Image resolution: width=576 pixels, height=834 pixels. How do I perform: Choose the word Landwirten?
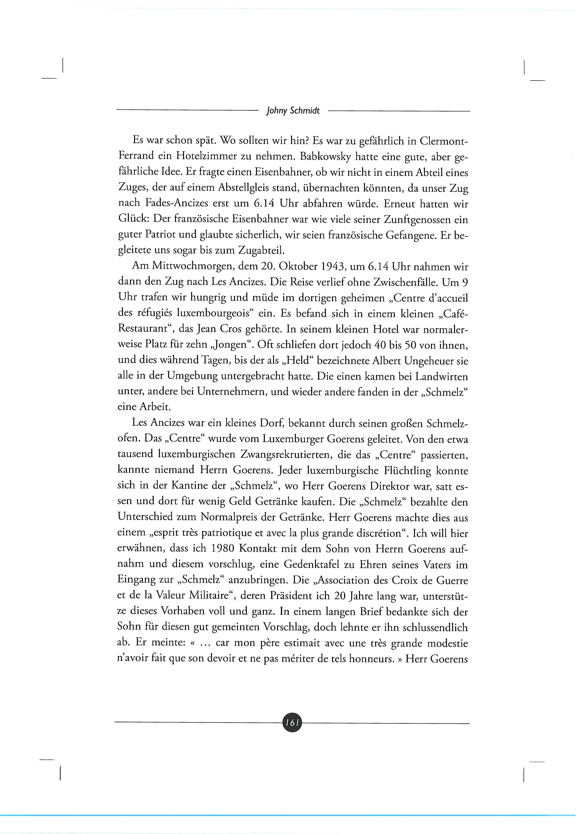click(x=441, y=376)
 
